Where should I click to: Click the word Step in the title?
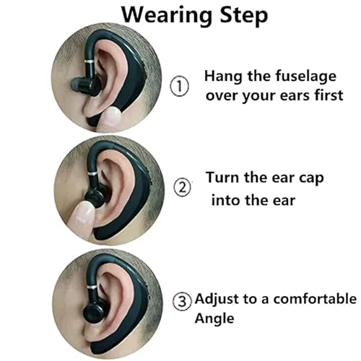(x=244, y=16)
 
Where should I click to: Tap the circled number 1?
(x=180, y=86)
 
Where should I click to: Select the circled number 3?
(x=182, y=301)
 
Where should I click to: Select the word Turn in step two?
(x=223, y=178)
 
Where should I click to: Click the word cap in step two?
(x=311, y=179)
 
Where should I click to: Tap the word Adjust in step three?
(x=217, y=300)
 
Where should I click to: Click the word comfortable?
(x=315, y=299)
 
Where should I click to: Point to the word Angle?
(x=214, y=318)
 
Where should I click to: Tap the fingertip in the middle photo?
(x=84, y=214)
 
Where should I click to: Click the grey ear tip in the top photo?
(x=74, y=84)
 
